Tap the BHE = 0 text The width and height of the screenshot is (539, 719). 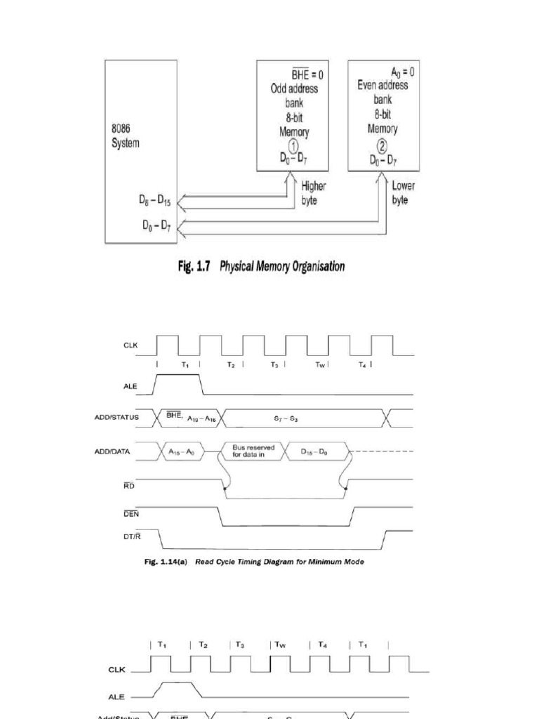click(x=307, y=74)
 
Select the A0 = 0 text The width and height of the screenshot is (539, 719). click(x=403, y=72)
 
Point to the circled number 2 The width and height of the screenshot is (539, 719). click(x=382, y=146)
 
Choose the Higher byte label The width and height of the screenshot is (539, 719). click(x=314, y=194)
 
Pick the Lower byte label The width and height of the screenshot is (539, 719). click(x=404, y=193)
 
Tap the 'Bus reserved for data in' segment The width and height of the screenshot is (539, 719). click(x=253, y=451)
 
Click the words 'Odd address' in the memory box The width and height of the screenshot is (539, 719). click(x=293, y=89)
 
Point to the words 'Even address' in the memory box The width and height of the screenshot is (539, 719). click(x=382, y=86)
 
